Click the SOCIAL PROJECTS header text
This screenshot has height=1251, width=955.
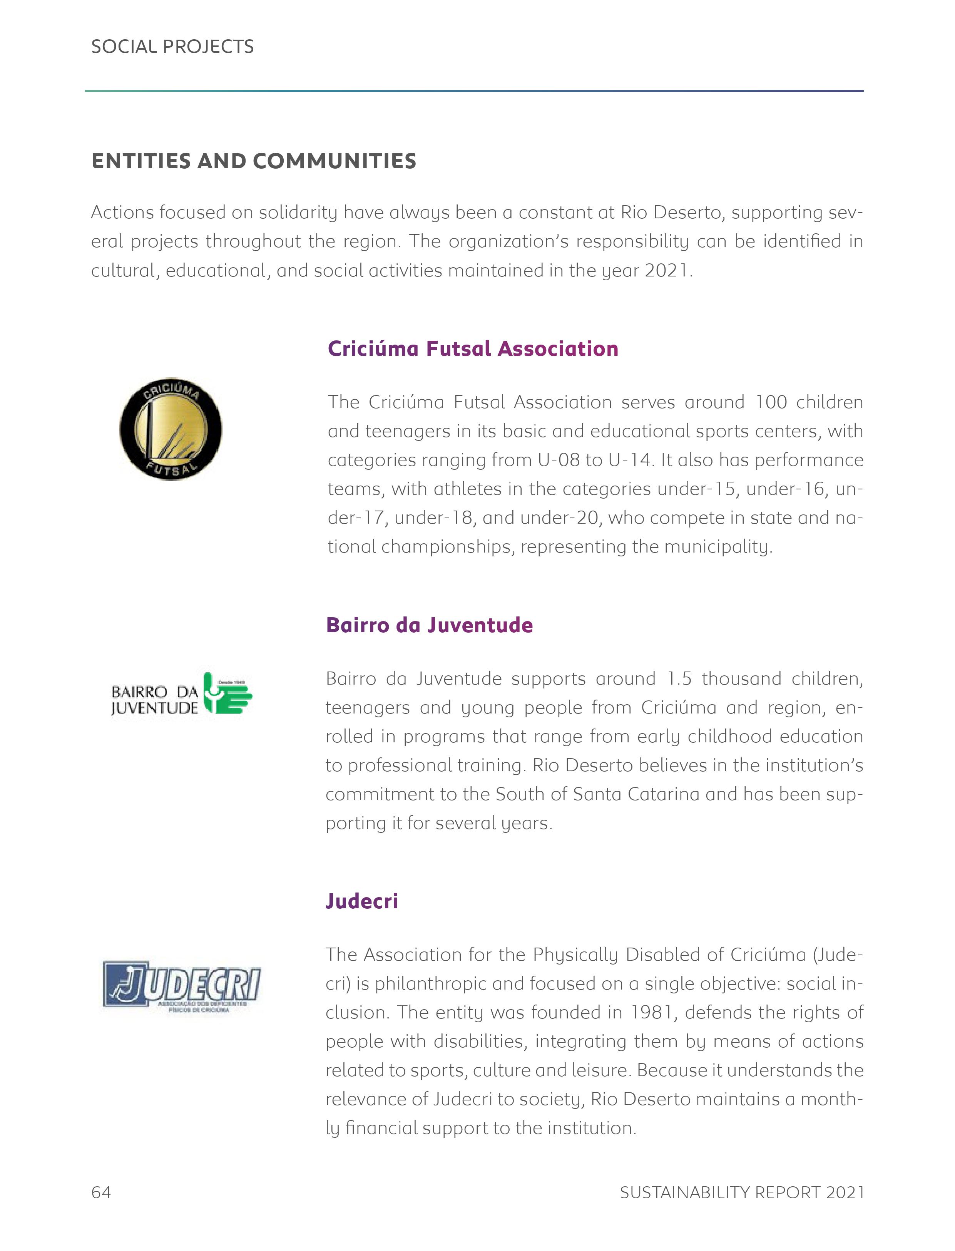(172, 47)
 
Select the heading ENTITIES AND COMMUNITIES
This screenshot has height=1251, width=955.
(254, 161)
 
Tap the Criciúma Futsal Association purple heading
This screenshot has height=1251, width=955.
(473, 348)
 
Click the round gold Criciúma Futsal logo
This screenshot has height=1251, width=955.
(171, 429)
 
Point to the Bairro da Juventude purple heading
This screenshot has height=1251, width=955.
(429, 625)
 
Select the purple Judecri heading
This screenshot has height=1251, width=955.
(361, 901)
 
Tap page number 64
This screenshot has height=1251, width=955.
(101, 1192)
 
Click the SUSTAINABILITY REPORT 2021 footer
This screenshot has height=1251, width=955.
(742, 1192)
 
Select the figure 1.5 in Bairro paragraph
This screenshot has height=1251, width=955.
(679, 678)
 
